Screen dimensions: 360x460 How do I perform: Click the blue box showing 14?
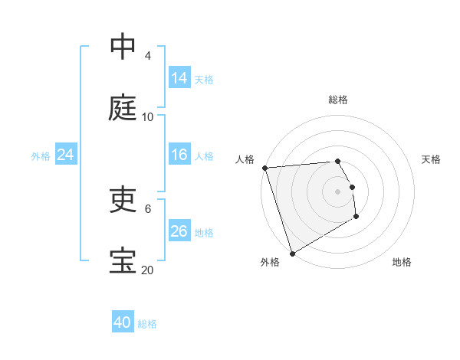179,78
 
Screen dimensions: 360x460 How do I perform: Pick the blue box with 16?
179,155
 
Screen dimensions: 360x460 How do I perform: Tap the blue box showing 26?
179,231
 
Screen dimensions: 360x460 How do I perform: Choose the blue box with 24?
66,155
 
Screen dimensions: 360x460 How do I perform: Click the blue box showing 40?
123,322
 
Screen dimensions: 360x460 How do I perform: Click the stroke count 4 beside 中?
148,56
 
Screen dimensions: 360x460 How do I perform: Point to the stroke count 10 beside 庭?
148,117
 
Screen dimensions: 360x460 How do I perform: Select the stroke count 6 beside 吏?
148,208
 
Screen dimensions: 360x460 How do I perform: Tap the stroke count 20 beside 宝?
148,270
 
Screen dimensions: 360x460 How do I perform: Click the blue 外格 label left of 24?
41,156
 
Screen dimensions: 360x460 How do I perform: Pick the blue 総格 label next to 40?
147,324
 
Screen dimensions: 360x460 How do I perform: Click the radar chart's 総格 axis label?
338,100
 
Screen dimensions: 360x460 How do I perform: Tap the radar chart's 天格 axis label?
432,159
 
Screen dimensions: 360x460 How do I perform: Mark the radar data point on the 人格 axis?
264,168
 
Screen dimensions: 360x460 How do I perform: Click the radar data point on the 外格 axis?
292,253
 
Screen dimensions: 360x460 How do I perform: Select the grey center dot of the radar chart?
338,191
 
